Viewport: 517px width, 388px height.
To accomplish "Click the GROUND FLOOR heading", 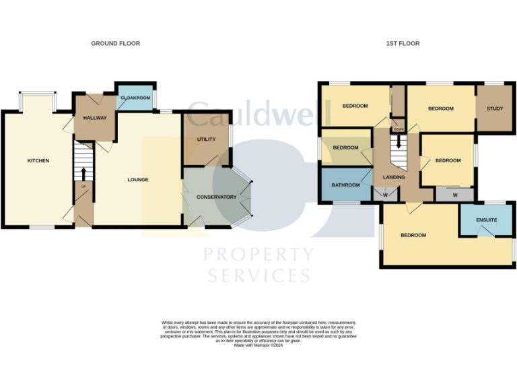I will pyautogui.click(x=115, y=43).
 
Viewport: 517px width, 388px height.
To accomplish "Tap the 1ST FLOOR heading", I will pyautogui.click(x=403, y=43).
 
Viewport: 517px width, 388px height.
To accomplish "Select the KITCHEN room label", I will pyautogui.click(x=38, y=160).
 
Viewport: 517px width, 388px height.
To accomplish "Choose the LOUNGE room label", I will pyautogui.click(x=138, y=179).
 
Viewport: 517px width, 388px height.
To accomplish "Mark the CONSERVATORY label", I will pyautogui.click(x=216, y=197).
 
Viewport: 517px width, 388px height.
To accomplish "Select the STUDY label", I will pyautogui.click(x=494, y=108).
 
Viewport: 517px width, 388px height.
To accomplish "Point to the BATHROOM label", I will pyautogui.click(x=345, y=183).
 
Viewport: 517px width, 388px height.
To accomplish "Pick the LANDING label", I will pyautogui.click(x=394, y=177).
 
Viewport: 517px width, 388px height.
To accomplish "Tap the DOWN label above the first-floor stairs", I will pyautogui.click(x=399, y=129).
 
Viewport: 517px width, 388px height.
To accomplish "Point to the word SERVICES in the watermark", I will pyautogui.click(x=258, y=276).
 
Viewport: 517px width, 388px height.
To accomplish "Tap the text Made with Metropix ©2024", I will pyautogui.click(x=258, y=345).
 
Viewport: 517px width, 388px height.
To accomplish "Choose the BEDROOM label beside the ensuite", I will pyautogui.click(x=413, y=235).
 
